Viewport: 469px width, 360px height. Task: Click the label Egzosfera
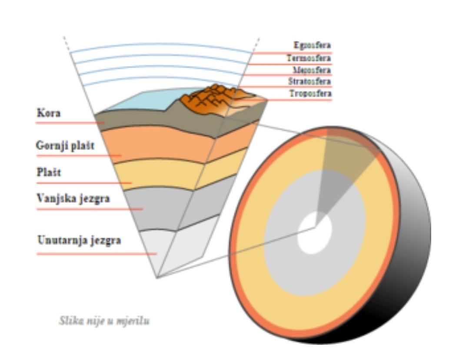coord(312,46)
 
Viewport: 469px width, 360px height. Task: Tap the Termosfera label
coord(309,58)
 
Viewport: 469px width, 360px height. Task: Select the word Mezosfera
coord(312,70)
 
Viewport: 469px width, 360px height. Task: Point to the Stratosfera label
coord(309,81)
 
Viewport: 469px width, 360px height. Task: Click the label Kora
coord(48,114)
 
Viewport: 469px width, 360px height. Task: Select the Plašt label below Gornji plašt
coord(49,172)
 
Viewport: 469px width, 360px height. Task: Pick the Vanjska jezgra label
coord(73,199)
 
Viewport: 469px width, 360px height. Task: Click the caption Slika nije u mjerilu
coord(104,322)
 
